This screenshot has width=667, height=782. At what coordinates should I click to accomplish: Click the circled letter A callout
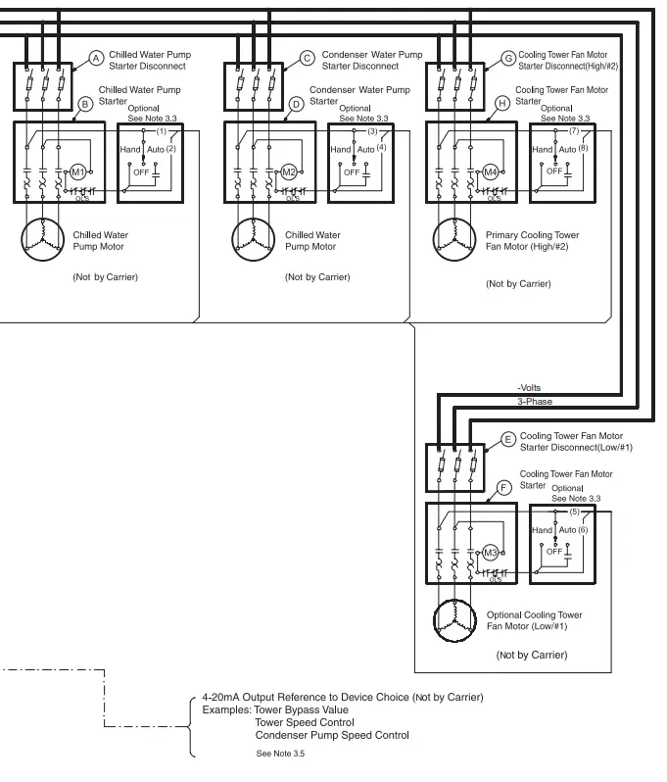point(96,59)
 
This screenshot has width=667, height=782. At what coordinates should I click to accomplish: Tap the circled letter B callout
point(84,103)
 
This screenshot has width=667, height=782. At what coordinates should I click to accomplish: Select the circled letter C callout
point(307,59)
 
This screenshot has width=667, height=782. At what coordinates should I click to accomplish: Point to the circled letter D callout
point(296,103)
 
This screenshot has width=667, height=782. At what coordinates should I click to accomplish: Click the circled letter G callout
point(507,59)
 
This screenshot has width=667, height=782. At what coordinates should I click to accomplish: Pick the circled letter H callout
point(502,103)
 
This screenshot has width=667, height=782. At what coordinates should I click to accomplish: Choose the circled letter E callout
point(508,439)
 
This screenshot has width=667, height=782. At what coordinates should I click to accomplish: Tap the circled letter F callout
point(504,485)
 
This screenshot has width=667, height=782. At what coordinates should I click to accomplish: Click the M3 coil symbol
point(493,553)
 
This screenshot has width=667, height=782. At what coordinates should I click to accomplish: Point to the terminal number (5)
point(575,511)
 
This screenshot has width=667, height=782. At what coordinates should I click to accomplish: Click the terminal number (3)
point(372,130)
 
